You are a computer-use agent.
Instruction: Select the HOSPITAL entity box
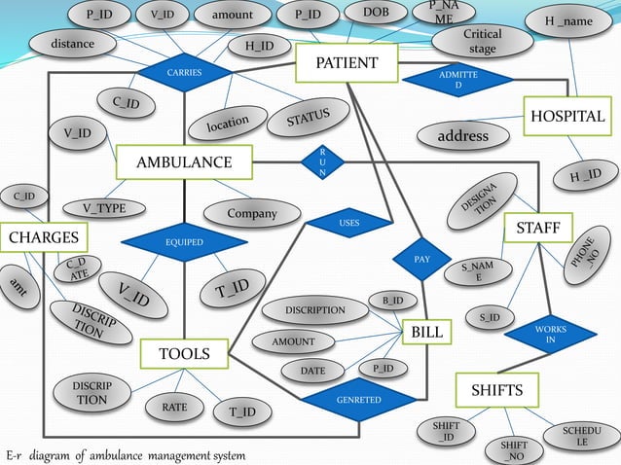pos(566,117)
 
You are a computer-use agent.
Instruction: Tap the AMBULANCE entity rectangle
pos(183,161)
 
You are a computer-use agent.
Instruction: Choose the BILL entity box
pos(426,333)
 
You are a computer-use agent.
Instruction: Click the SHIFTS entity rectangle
pos(496,390)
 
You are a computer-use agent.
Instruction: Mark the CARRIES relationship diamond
pos(184,72)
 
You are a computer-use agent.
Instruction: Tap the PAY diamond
pos(421,260)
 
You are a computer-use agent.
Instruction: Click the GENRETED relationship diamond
pos(358,400)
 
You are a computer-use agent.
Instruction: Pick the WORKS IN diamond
pos(550,335)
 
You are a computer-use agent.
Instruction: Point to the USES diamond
pos(349,223)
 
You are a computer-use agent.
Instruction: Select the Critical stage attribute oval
pos(482,41)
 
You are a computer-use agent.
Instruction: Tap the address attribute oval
pos(463,136)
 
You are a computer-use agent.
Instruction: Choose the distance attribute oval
pos(72,44)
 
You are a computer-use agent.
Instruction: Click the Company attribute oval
pos(251,213)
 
